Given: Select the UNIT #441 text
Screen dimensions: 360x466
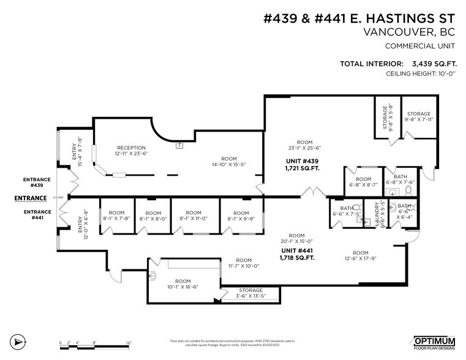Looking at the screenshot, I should pos(297,250).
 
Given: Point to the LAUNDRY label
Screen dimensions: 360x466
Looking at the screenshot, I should pos(383,214).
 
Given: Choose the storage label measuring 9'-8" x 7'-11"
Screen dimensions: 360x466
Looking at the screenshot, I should pos(419,117).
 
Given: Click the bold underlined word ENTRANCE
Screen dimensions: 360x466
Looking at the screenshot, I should pos(31,198).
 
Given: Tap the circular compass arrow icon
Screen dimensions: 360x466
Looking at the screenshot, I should pos(20,341).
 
